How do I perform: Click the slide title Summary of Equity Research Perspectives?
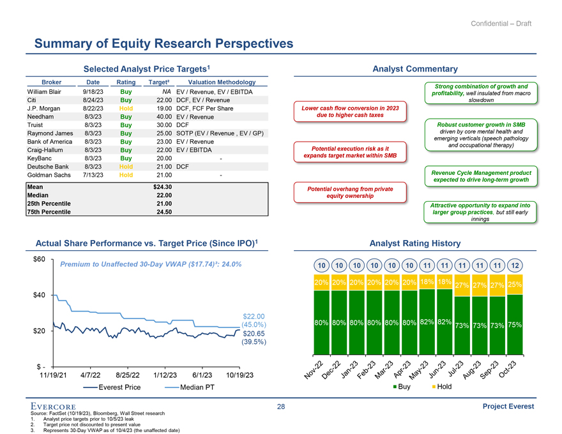coord(163,43)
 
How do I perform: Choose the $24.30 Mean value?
coord(163,186)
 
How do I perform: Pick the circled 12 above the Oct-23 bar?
coord(514,266)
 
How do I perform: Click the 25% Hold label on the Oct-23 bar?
coord(514,285)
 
